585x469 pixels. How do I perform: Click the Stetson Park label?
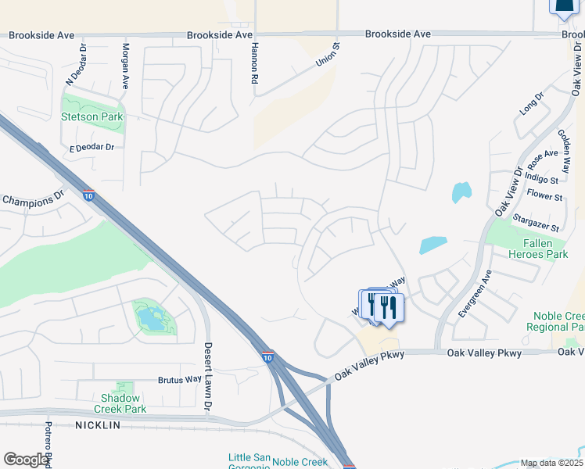click(x=92, y=116)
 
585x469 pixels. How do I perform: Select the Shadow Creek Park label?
click(x=120, y=403)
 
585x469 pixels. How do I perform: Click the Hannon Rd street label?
click(x=254, y=63)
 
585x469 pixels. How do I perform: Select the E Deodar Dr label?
click(x=92, y=147)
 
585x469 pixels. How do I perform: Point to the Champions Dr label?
click(x=33, y=199)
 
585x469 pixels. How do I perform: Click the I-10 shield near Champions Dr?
click(x=89, y=195)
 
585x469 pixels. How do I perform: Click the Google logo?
click(x=27, y=460)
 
